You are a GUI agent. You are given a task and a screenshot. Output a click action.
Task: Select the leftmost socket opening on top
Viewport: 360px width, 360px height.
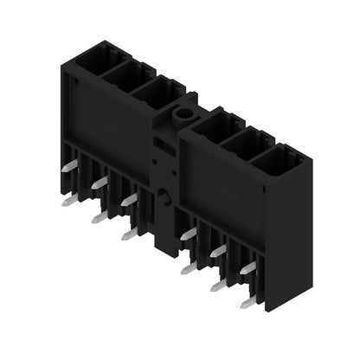pos(93,59)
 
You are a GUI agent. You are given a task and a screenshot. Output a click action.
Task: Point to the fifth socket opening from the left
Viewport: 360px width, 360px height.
pos(249,145)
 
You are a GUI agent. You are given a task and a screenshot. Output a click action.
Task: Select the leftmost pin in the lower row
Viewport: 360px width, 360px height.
pos(68,201)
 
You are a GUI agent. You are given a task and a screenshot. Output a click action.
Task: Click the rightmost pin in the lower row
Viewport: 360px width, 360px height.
pos(249,301)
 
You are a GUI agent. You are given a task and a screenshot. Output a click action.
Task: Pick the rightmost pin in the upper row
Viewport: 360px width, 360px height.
pos(248,268)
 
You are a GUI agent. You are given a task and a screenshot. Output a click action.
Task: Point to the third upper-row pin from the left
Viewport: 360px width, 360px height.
pos(129,200)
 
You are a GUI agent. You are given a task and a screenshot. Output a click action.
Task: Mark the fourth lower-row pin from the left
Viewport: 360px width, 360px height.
pos(188,269)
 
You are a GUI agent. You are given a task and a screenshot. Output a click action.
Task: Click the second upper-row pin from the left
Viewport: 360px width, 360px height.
pos(100,181)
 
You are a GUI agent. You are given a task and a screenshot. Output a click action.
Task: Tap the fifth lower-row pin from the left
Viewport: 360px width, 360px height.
pos(218,285)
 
